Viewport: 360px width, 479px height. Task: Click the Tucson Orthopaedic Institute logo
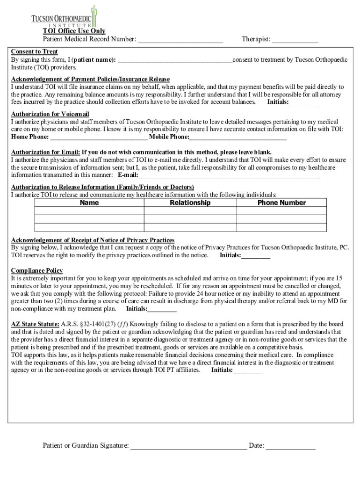click(64, 18)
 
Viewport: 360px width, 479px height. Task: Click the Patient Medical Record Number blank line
click(180, 40)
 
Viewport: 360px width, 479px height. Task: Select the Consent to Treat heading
click(35, 51)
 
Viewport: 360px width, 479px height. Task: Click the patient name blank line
click(175, 60)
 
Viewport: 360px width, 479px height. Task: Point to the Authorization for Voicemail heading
click(50, 114)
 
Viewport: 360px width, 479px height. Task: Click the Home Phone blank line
click(99, 138)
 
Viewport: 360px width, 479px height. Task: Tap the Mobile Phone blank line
click(238, 138)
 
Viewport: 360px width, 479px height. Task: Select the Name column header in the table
click(89, 203)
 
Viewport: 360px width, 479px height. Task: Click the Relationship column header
click(190, 203)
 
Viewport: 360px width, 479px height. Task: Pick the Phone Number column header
click(281, 203)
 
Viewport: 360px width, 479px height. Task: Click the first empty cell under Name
click(89, 211)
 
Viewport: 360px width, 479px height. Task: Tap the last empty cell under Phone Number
click(281, 228)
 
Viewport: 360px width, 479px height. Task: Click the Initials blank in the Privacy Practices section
click(256, 256)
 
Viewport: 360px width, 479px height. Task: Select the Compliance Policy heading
click(37, 271)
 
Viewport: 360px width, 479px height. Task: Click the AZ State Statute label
click(35, 324)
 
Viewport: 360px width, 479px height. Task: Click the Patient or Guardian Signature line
click(188, 446)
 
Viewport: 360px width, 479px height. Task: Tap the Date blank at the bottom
click(291, 446)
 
